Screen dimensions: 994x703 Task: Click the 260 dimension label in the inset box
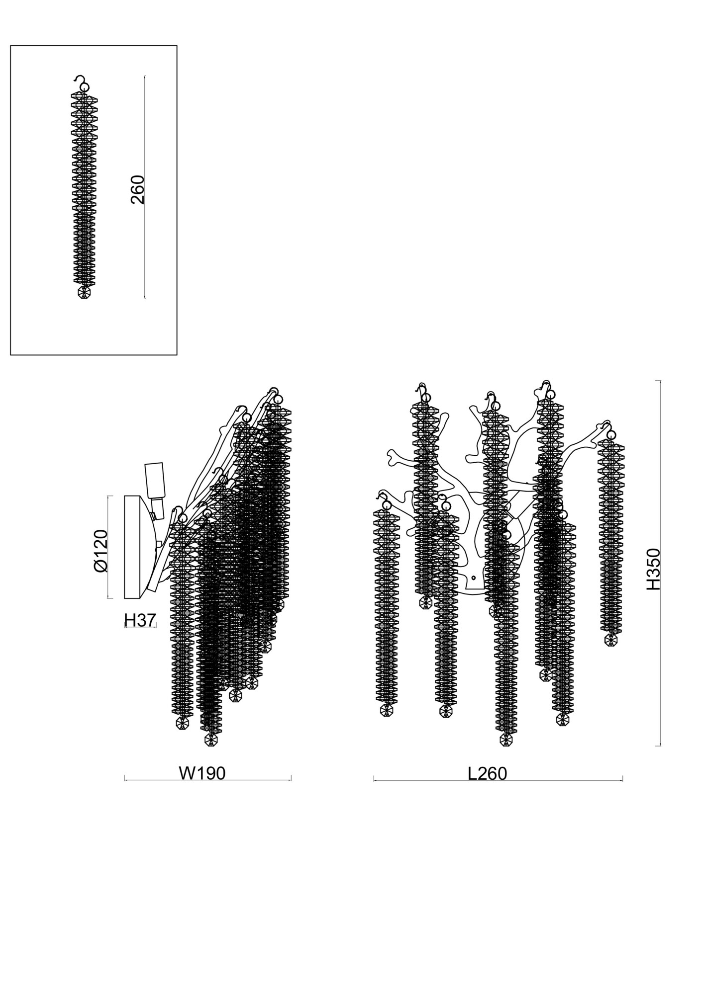(x=137, y=189)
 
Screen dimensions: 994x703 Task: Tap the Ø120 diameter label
(x=100, y=551)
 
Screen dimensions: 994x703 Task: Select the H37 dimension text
(x=140, y=620)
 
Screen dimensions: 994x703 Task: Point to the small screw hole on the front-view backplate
(x=474, y=578)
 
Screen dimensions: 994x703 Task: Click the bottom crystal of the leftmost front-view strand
(x=386, y=710)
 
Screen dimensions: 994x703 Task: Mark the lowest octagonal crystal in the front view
(x=506, y=753)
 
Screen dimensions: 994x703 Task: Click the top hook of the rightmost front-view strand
(x=608, y=426)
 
